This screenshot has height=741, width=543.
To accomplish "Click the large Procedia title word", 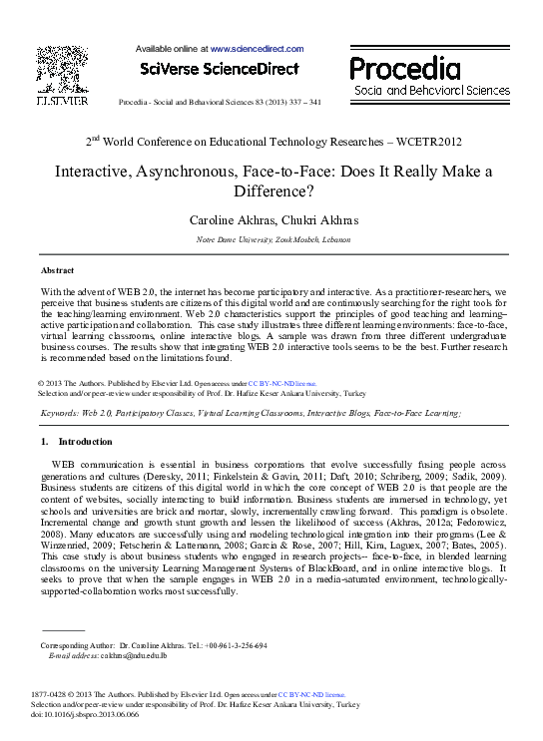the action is pos(404,69).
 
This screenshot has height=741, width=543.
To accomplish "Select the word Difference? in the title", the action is pos(271,189).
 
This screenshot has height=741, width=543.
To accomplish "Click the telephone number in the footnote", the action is pos(237,645).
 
